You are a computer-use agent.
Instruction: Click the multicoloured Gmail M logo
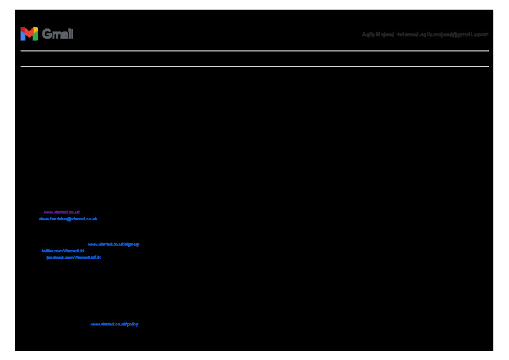pyautogui.click(x=29, y=34)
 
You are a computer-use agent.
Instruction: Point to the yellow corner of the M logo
pyautogui.click(x=36, y=29)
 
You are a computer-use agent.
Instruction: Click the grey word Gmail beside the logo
pyautogui.click(x=58, y=34)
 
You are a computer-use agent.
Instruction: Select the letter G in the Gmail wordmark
pyautogui.click(x=47, y=34)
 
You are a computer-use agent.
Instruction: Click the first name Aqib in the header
pyautogui.click(x=368, y=34)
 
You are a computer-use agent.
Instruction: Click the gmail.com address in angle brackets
pyautogui.click(x=443, y=34)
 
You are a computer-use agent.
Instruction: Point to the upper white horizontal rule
pyautogui.click(x=254, y=51)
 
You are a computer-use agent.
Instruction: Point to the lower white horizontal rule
pyautogui.click(x=254, y=67)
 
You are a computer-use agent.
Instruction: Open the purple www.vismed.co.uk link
pyautogui.click(x=62, y=212)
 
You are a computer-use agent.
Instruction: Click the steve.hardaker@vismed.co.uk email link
pyautogui.click(x=68, y=218)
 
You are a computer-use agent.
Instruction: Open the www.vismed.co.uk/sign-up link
pyautogui.click(x=114, y=244)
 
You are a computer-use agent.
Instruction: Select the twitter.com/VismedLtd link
pyautogui.click(x=62, y=250)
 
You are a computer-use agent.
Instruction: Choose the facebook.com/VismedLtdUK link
pyautogui.click(x=73, y=257)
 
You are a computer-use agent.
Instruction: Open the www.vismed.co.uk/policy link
pyautogui.click(x=114, y=324)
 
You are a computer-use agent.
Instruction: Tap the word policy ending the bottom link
pyautogui.click(x=132, y=324)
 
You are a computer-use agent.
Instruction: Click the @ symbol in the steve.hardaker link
pyautogui.click(x=69, y=218)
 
